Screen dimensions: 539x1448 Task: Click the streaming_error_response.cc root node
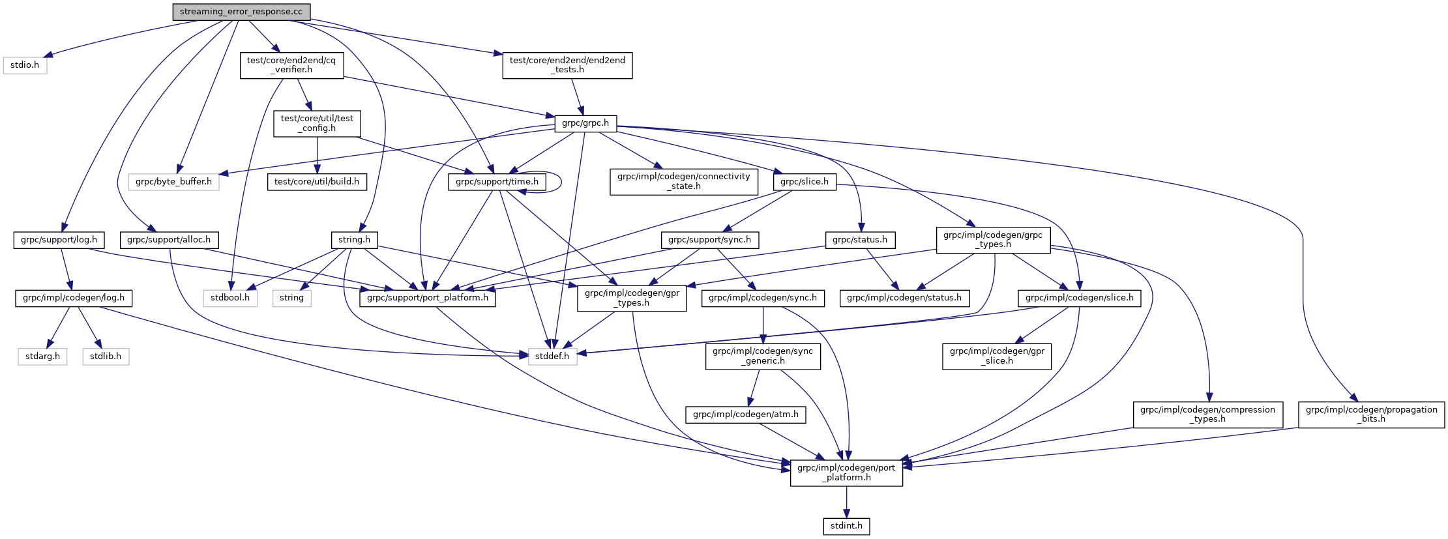(x=241, y=12)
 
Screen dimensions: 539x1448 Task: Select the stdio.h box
(x=25, y=65)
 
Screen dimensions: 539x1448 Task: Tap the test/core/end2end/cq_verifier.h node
(x=291, y=65)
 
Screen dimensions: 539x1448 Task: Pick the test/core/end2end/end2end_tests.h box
(x=567, y=65)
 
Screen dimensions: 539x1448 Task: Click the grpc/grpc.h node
(x=585, y=123)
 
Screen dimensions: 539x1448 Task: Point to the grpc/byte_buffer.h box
(x=173, y=182)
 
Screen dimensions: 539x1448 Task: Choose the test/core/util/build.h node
(x=317, y=182)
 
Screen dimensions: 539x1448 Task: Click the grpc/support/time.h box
(x=497, y=182)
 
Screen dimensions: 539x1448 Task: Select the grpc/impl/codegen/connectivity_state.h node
(x=684, y=181)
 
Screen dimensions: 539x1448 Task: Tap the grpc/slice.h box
(x=805, y=182)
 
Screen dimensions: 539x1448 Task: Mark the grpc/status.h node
(x=860, y=240)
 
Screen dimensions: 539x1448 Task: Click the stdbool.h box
(x=230, y=298)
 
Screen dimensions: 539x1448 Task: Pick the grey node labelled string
(x=291, y=298)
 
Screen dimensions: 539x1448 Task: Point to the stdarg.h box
(x=42, y=357)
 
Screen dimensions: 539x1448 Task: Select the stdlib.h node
(x=106, y=357)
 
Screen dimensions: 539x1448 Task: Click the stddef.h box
(x=552, y=357)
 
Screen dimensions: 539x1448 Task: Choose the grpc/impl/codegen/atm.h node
(x=745, y=415)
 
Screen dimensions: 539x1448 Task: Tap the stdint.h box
(x=846, y=526)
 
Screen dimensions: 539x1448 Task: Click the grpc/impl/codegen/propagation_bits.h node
(x=1371, y=415)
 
